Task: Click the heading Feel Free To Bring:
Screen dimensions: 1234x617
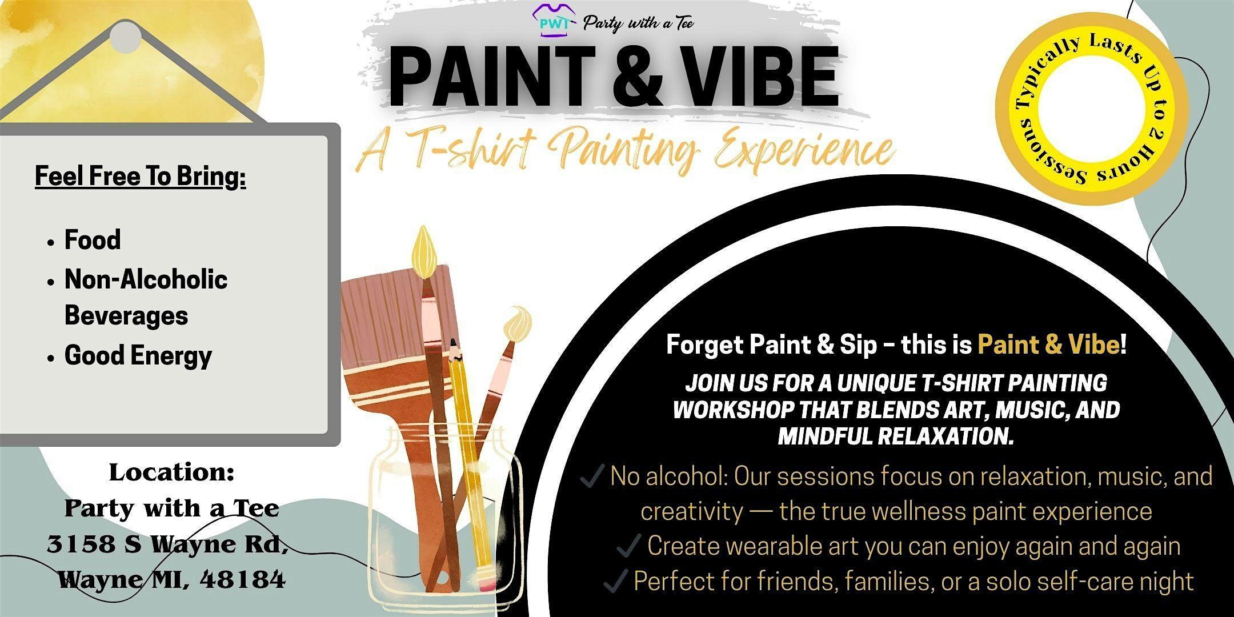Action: pos(141,176)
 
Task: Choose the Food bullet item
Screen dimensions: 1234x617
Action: pos(93,239)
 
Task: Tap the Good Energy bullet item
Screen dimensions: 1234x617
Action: pos(138,355)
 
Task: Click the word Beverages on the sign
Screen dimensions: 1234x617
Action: pos(126,315)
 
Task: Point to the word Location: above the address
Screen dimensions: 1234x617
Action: pos(171,472)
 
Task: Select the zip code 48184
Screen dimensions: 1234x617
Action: pos(243,580)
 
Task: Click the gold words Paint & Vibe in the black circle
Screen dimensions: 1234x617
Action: pos(1048,344)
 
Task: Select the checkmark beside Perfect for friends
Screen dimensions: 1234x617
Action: pos(616,581)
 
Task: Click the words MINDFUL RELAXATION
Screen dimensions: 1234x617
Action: pos(896,436)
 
